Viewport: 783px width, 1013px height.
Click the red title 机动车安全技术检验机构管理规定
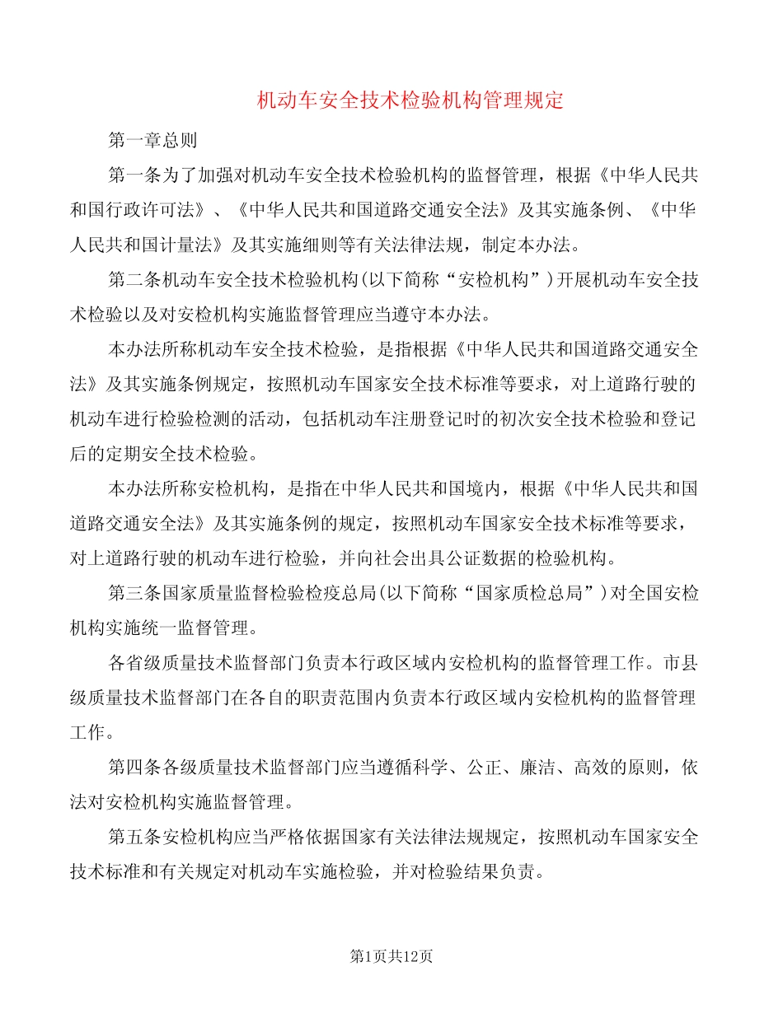410,101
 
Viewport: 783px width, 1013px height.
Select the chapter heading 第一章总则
152,140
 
